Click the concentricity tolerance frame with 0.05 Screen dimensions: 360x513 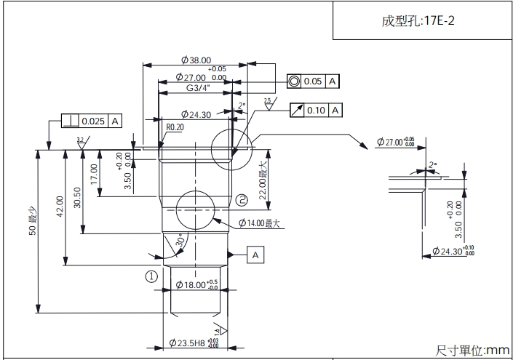coord(313,81)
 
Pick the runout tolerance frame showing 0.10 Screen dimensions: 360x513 coord(316,110)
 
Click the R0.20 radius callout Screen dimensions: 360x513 coord(175,127)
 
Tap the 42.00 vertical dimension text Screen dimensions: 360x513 coord(60,206)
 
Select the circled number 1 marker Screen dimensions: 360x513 coord(151,276)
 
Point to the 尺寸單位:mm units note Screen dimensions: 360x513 coord(473,350)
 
